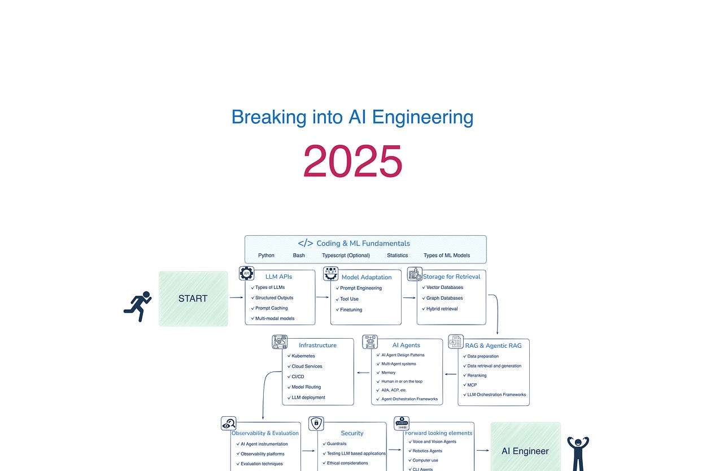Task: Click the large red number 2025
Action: pos(352,162)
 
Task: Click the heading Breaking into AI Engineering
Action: pos(352,117)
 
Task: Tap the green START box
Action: pos(193,299)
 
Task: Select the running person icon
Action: pos(138,306)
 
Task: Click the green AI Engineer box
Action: pos(525,451)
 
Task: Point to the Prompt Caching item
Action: pos(271,308)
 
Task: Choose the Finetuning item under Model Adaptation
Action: pos(351,310)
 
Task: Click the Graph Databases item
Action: pos(444,298)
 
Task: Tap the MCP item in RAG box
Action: pos(472,385)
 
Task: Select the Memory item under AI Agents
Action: pos(389,373)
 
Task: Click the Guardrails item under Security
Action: pos(337,444)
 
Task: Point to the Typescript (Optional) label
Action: pos(346,255)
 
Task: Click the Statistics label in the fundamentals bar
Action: pos(397,255)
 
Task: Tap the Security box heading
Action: pos(352,433)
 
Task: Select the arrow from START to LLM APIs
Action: pos(236,296)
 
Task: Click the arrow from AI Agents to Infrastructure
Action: pos(363,373)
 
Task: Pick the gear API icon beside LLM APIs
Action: pos(246,274)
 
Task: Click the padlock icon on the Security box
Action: pos(316,424)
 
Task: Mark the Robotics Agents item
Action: pos(428,451)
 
